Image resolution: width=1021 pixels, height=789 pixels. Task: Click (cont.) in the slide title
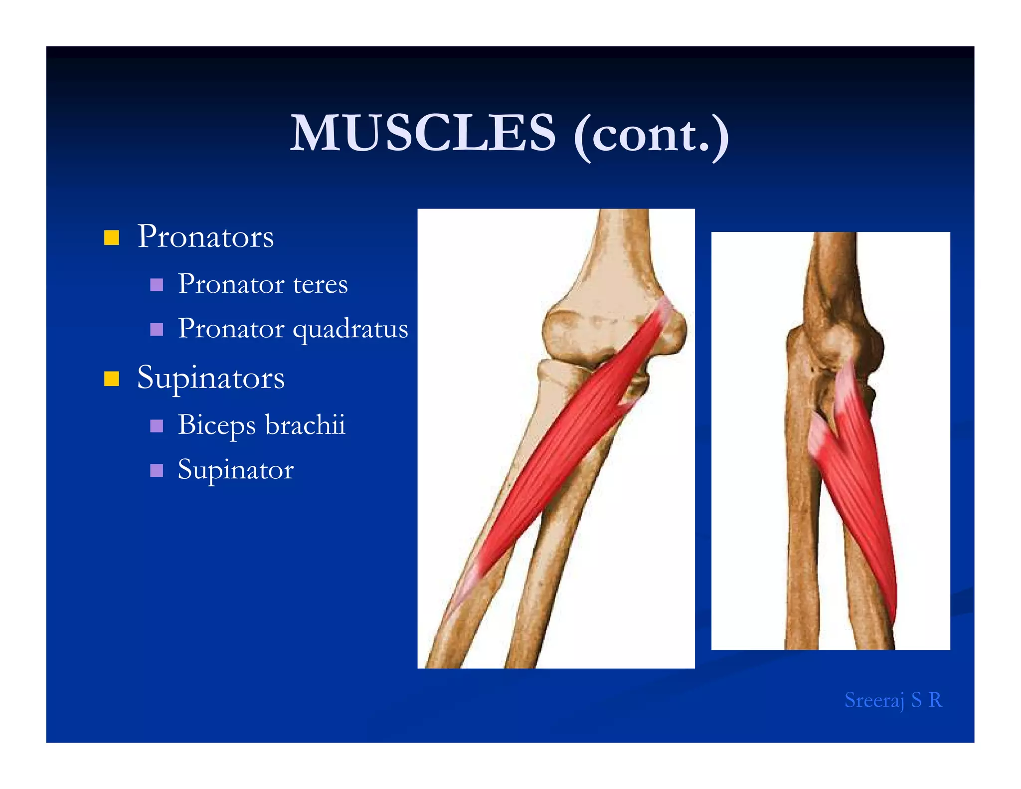[651, 135]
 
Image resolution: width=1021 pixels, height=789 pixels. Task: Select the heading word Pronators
[205, 236]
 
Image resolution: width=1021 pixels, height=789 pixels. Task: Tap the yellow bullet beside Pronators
[112, 237]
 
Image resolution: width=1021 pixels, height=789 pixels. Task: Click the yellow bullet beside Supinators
[112, 379]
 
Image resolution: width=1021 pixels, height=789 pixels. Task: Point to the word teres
[320, 284]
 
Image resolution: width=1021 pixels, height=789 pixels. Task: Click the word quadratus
[350, 329]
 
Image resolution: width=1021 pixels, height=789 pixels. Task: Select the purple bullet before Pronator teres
[157, 285]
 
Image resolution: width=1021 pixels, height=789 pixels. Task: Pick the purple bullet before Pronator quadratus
[157, 329]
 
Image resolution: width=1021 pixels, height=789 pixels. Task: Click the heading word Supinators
[211, 378]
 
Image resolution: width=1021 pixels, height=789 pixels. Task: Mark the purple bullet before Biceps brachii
[157, 425]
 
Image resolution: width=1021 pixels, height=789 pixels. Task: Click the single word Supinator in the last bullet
[235, 470]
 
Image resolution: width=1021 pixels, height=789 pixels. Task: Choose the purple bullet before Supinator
[157, 470]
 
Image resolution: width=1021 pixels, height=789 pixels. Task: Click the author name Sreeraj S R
[893, 700]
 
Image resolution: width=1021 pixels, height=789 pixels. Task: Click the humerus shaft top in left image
[623, 234]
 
